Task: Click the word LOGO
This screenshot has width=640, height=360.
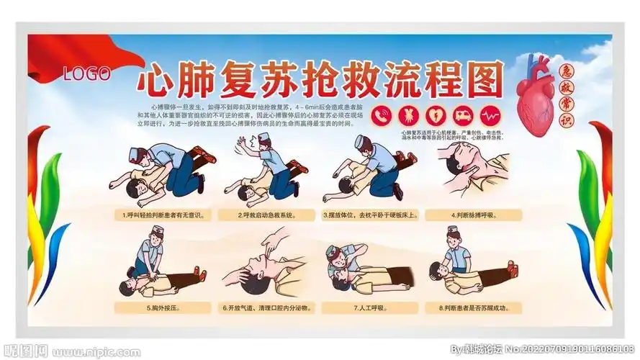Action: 86,73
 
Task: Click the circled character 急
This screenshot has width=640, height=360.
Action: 567,71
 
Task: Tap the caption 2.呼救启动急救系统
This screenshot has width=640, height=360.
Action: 272,215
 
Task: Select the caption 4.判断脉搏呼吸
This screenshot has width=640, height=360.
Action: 475,215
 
